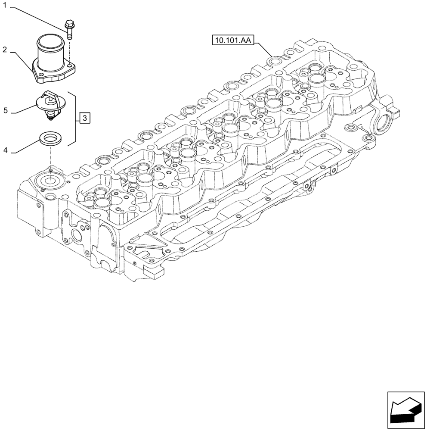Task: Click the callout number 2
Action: coord(5,50)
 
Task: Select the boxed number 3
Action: coord(85,117)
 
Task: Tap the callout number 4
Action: coord(5,150)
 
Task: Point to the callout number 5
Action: coord(5,110)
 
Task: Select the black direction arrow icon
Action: coord(406,411)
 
